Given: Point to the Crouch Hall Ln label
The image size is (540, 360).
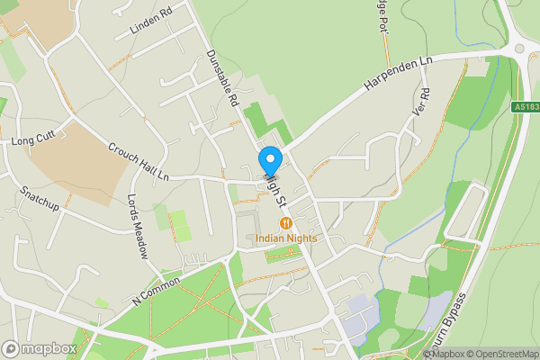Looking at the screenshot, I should point(139,162).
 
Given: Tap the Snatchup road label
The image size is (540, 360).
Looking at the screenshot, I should point(40,199).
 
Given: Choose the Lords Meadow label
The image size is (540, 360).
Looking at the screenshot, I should point(137,225).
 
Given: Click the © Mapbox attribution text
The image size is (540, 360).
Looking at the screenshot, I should point(444,354).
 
